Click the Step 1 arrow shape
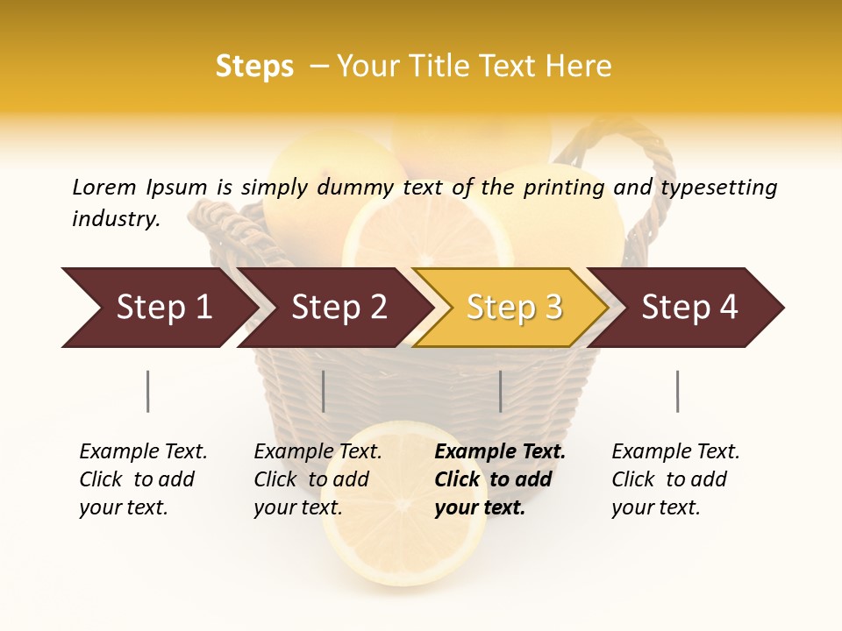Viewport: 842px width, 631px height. (162, 308)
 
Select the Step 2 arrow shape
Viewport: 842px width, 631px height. (338, 308)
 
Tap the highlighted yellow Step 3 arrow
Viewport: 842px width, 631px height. (513, 308)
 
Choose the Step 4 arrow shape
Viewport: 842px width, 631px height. (689, 308)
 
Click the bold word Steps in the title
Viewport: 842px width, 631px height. (254, 67)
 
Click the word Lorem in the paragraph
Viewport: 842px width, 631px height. (104, 187)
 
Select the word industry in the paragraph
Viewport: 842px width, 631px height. (116, 218)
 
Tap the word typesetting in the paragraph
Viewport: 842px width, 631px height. (718, 187)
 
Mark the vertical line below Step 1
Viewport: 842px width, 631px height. (147, 391)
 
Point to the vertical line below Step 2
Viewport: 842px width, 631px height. (324, 391)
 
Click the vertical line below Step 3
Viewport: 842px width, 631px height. (500, 391)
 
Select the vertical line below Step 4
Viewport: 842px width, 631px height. (677, 391)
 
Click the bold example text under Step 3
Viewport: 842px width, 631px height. (498, 479)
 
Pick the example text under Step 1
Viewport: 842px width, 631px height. (142, 479)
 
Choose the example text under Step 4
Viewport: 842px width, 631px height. (674, 479)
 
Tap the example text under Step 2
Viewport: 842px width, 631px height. (317, 479)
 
